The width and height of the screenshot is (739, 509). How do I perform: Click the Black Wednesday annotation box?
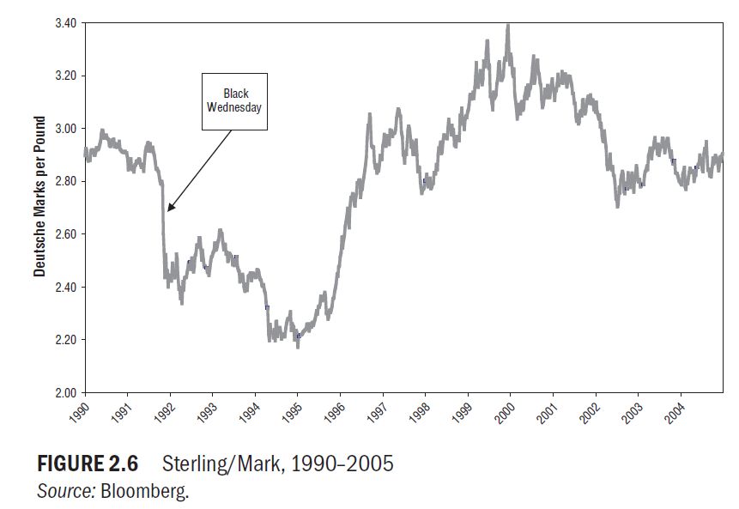(x=234, y=100)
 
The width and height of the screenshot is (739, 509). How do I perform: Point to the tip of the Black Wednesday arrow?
(x=168, y=210)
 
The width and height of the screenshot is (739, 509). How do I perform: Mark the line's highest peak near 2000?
(x=508, y=26)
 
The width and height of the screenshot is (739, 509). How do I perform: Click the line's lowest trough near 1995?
(x=298, y=346)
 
